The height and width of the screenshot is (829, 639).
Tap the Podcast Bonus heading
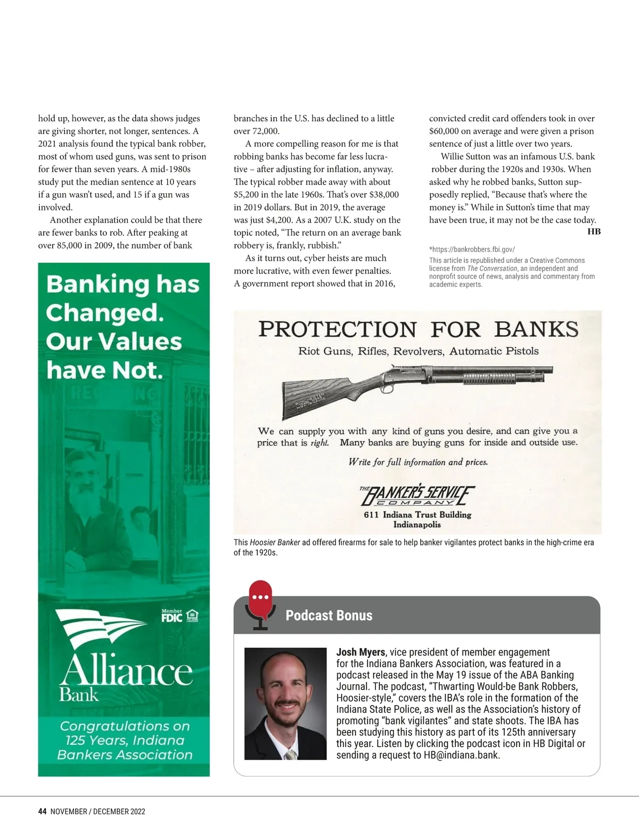[329, 616]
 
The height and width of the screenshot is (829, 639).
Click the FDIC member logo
[172, 616]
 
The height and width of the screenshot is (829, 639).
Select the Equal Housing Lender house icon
[193, 616]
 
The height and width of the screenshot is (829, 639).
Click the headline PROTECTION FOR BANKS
[418, 329]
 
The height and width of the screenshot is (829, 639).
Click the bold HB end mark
[594, 231]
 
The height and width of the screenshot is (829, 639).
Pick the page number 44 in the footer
[43, 811]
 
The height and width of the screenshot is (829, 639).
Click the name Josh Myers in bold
[361, 652]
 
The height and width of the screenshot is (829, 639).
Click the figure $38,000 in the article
[384, 195]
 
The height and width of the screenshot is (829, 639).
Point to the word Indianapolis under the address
[417, 525]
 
